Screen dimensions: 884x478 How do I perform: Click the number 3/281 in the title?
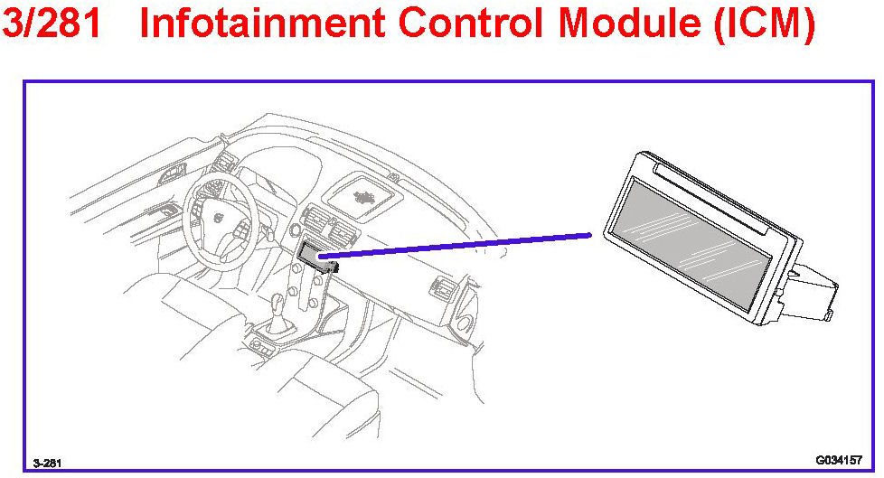point(55,25)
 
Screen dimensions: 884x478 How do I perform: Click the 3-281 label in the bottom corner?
point(47,463)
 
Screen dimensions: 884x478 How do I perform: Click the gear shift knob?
point(278,306)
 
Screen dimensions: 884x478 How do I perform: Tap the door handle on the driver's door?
point(167,211)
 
